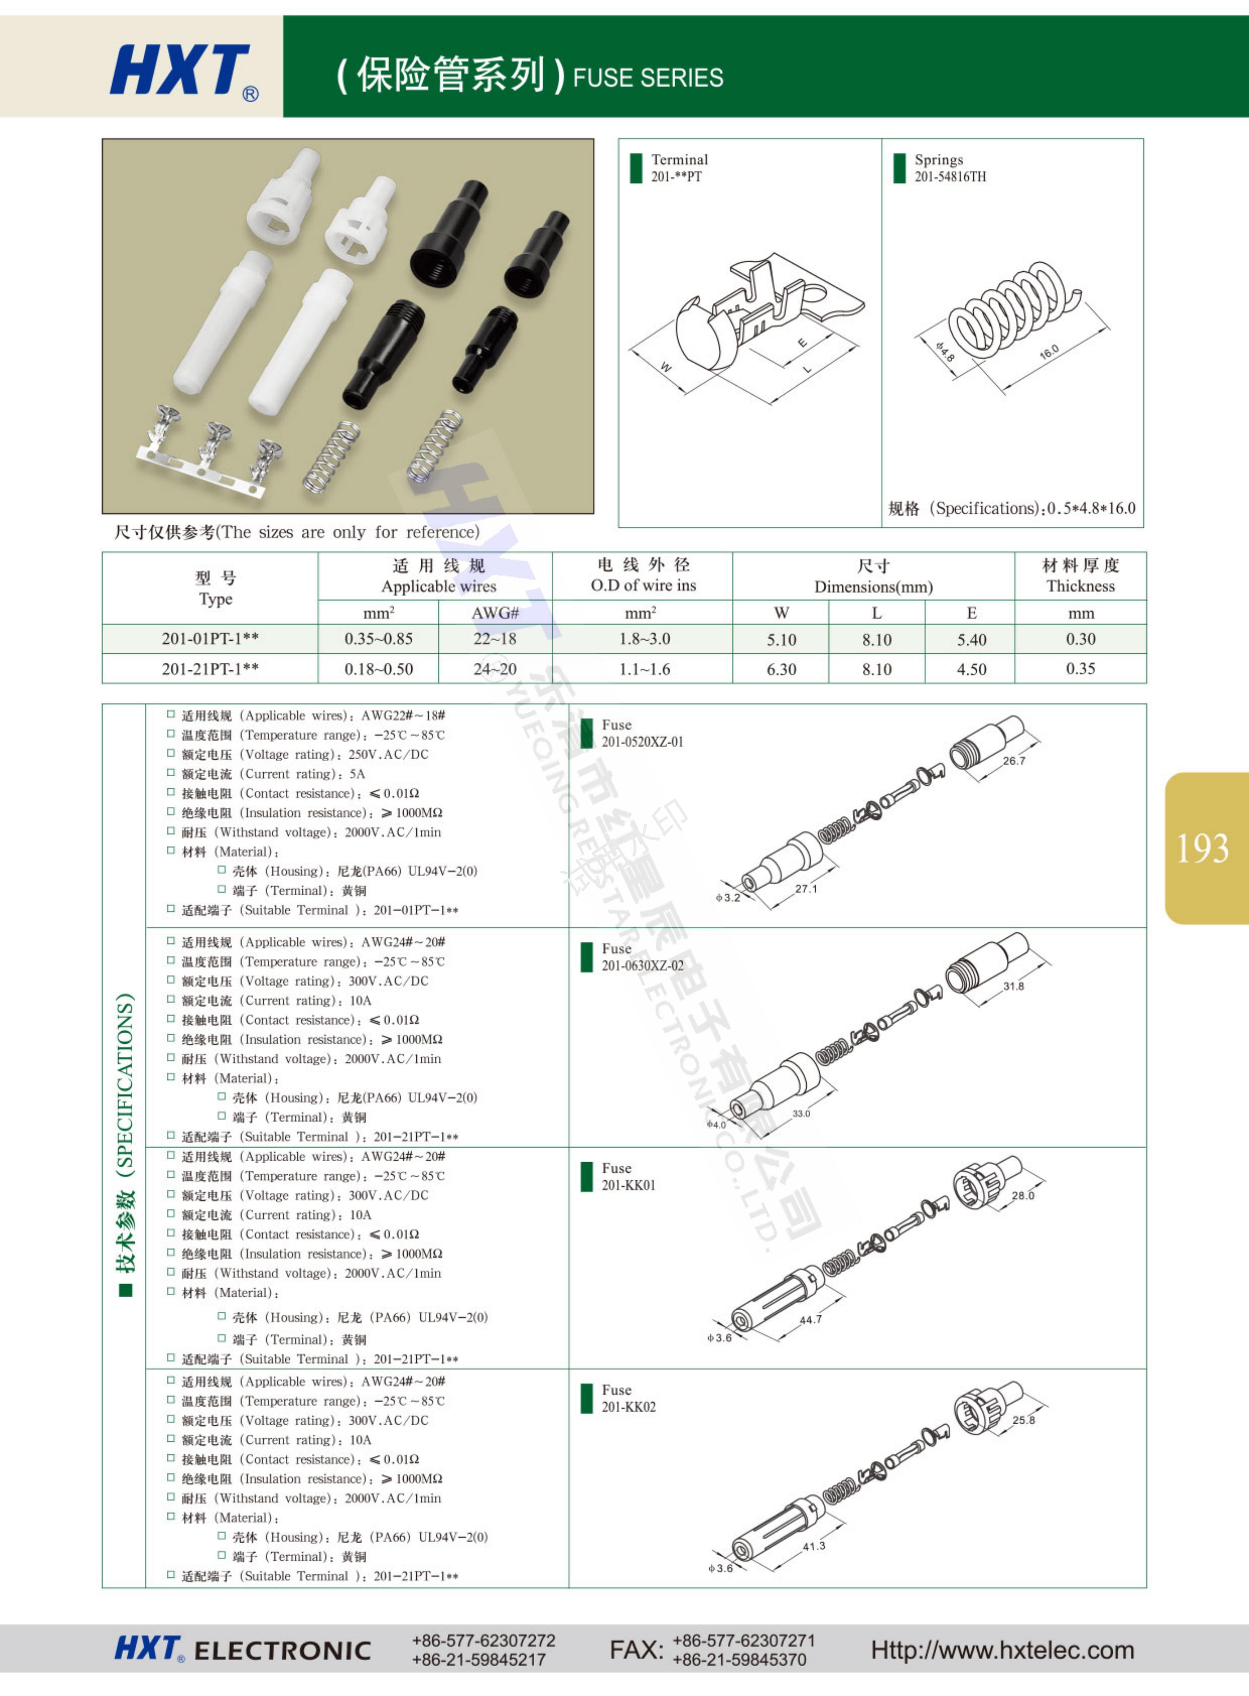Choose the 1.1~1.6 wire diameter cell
(644, 669)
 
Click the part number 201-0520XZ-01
(642, 742)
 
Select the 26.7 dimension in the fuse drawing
(1014, 761)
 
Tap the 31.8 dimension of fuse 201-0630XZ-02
(1013, 986)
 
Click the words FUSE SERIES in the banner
(648, 78)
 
